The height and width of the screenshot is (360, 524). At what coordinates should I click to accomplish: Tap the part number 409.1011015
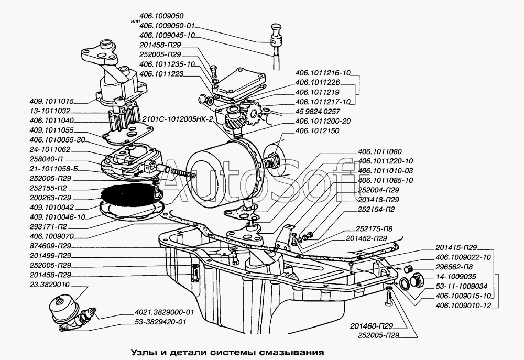click(52, 101)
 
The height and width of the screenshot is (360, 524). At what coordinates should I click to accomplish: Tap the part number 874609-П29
click(51, 246)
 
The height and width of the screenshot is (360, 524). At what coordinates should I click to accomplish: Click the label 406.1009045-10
click(166, 35)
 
